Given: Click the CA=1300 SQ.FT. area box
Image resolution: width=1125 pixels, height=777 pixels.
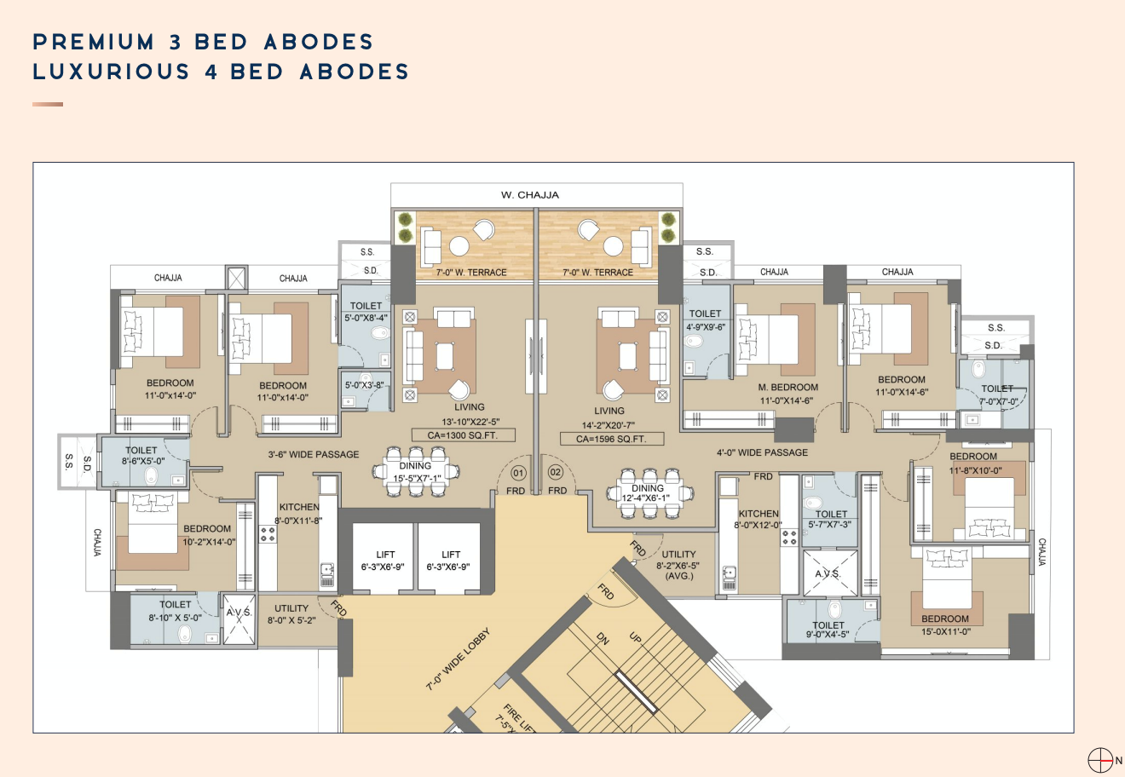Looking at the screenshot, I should click(464, 435).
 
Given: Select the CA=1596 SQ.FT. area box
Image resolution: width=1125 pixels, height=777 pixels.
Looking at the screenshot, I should click(611, 439).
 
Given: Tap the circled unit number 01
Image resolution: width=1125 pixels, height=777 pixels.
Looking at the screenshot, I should click(517, 472).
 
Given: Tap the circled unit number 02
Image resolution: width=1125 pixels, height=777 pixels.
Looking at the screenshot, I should click(556, 472).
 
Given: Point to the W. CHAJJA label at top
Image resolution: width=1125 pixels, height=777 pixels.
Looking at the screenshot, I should click(529, 195).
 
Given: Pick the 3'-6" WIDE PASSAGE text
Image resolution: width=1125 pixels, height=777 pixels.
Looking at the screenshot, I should click(314, 454).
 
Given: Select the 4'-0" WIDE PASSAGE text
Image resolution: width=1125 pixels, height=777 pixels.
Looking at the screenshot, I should click(762, 452).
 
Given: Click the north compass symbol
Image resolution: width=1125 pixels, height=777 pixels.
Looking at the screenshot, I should click(1100, 760).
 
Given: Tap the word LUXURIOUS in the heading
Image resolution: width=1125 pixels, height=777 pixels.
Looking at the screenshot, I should click(111, 72).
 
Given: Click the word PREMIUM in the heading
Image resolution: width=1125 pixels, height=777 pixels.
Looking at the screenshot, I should click(94, 42).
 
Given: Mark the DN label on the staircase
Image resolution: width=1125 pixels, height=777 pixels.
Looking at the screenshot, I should click(603, 638).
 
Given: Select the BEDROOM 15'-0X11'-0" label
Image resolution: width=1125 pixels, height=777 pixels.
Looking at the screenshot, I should click(945, 625).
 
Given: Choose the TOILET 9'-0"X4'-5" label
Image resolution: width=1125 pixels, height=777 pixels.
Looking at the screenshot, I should click(828, 630).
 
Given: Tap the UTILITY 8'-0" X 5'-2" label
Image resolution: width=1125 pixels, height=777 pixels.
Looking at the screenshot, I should click(291, 614).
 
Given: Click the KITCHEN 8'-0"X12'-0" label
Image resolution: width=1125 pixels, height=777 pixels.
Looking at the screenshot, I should click(759, 519).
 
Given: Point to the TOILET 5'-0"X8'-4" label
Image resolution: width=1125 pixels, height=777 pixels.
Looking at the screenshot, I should click(366, 312).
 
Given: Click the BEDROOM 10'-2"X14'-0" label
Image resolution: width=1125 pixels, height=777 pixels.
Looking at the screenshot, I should click(207, 535).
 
